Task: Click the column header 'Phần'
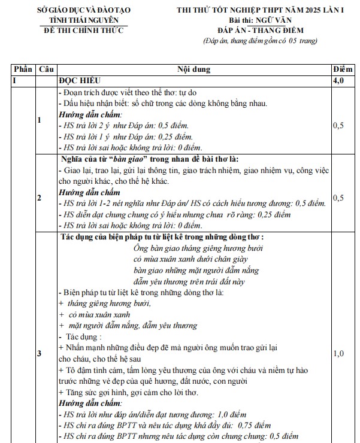(x=22, y=69)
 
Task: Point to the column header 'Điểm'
(x=342, y=69)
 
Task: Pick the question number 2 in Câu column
(x=40, y=197)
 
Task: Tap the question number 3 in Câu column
(x=40, y=354)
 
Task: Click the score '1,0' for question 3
(x=338, y=354)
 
